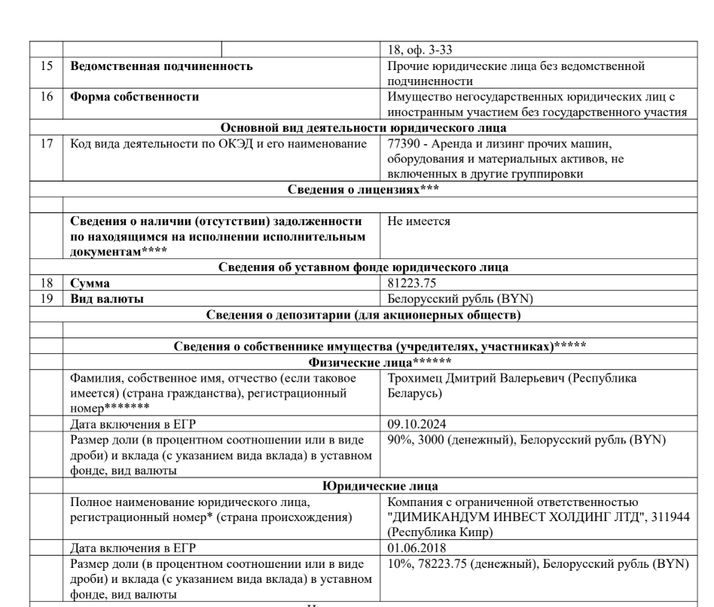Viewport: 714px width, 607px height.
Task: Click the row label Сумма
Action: (x=90, y=284)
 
